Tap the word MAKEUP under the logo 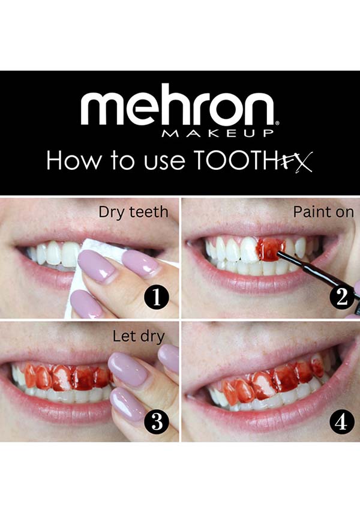pyautogui.click(x=218, y=133)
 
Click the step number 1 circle pyautogui.click(x=157, y=298)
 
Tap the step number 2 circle pyautogui.click(x=342, y=297)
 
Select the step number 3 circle pyautogui.click(x=157, y=422)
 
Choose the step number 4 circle pyautogui.click(x=341, y=422)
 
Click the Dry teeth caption pyautogui.click(x=133, y=212)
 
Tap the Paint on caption pyautogui.click(x=323, y=212)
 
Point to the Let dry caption pyautogui.click(x=139, y=337)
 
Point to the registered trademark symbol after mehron pyautogui.click(x=277, y=123)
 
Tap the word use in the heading pyautogui.click(x=164, y=163)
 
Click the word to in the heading pyautogui.click(x=122, y=161)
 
